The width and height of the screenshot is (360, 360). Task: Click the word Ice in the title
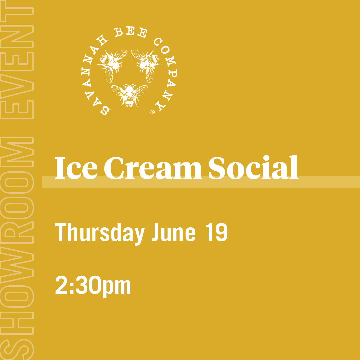click(x=76, y=168)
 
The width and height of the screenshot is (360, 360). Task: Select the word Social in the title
click(x=253, y=167)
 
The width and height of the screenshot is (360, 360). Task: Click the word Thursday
click(x=100, y=233)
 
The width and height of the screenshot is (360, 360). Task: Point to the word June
click(x=174, y=232)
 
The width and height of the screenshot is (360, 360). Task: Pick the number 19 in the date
click(x=216, y=232)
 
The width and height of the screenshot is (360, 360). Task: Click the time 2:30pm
click(x=93, y=286)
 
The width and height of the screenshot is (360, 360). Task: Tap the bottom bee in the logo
click(x=129, y=95)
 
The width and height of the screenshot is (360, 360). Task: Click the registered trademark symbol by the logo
click(x=152, y=112)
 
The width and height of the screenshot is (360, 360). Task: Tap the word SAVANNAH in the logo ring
click(x=93, y=76)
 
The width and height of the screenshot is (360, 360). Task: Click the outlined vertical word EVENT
click(x=17, y=60)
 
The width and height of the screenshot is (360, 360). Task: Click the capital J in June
click(x=156, y=232)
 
